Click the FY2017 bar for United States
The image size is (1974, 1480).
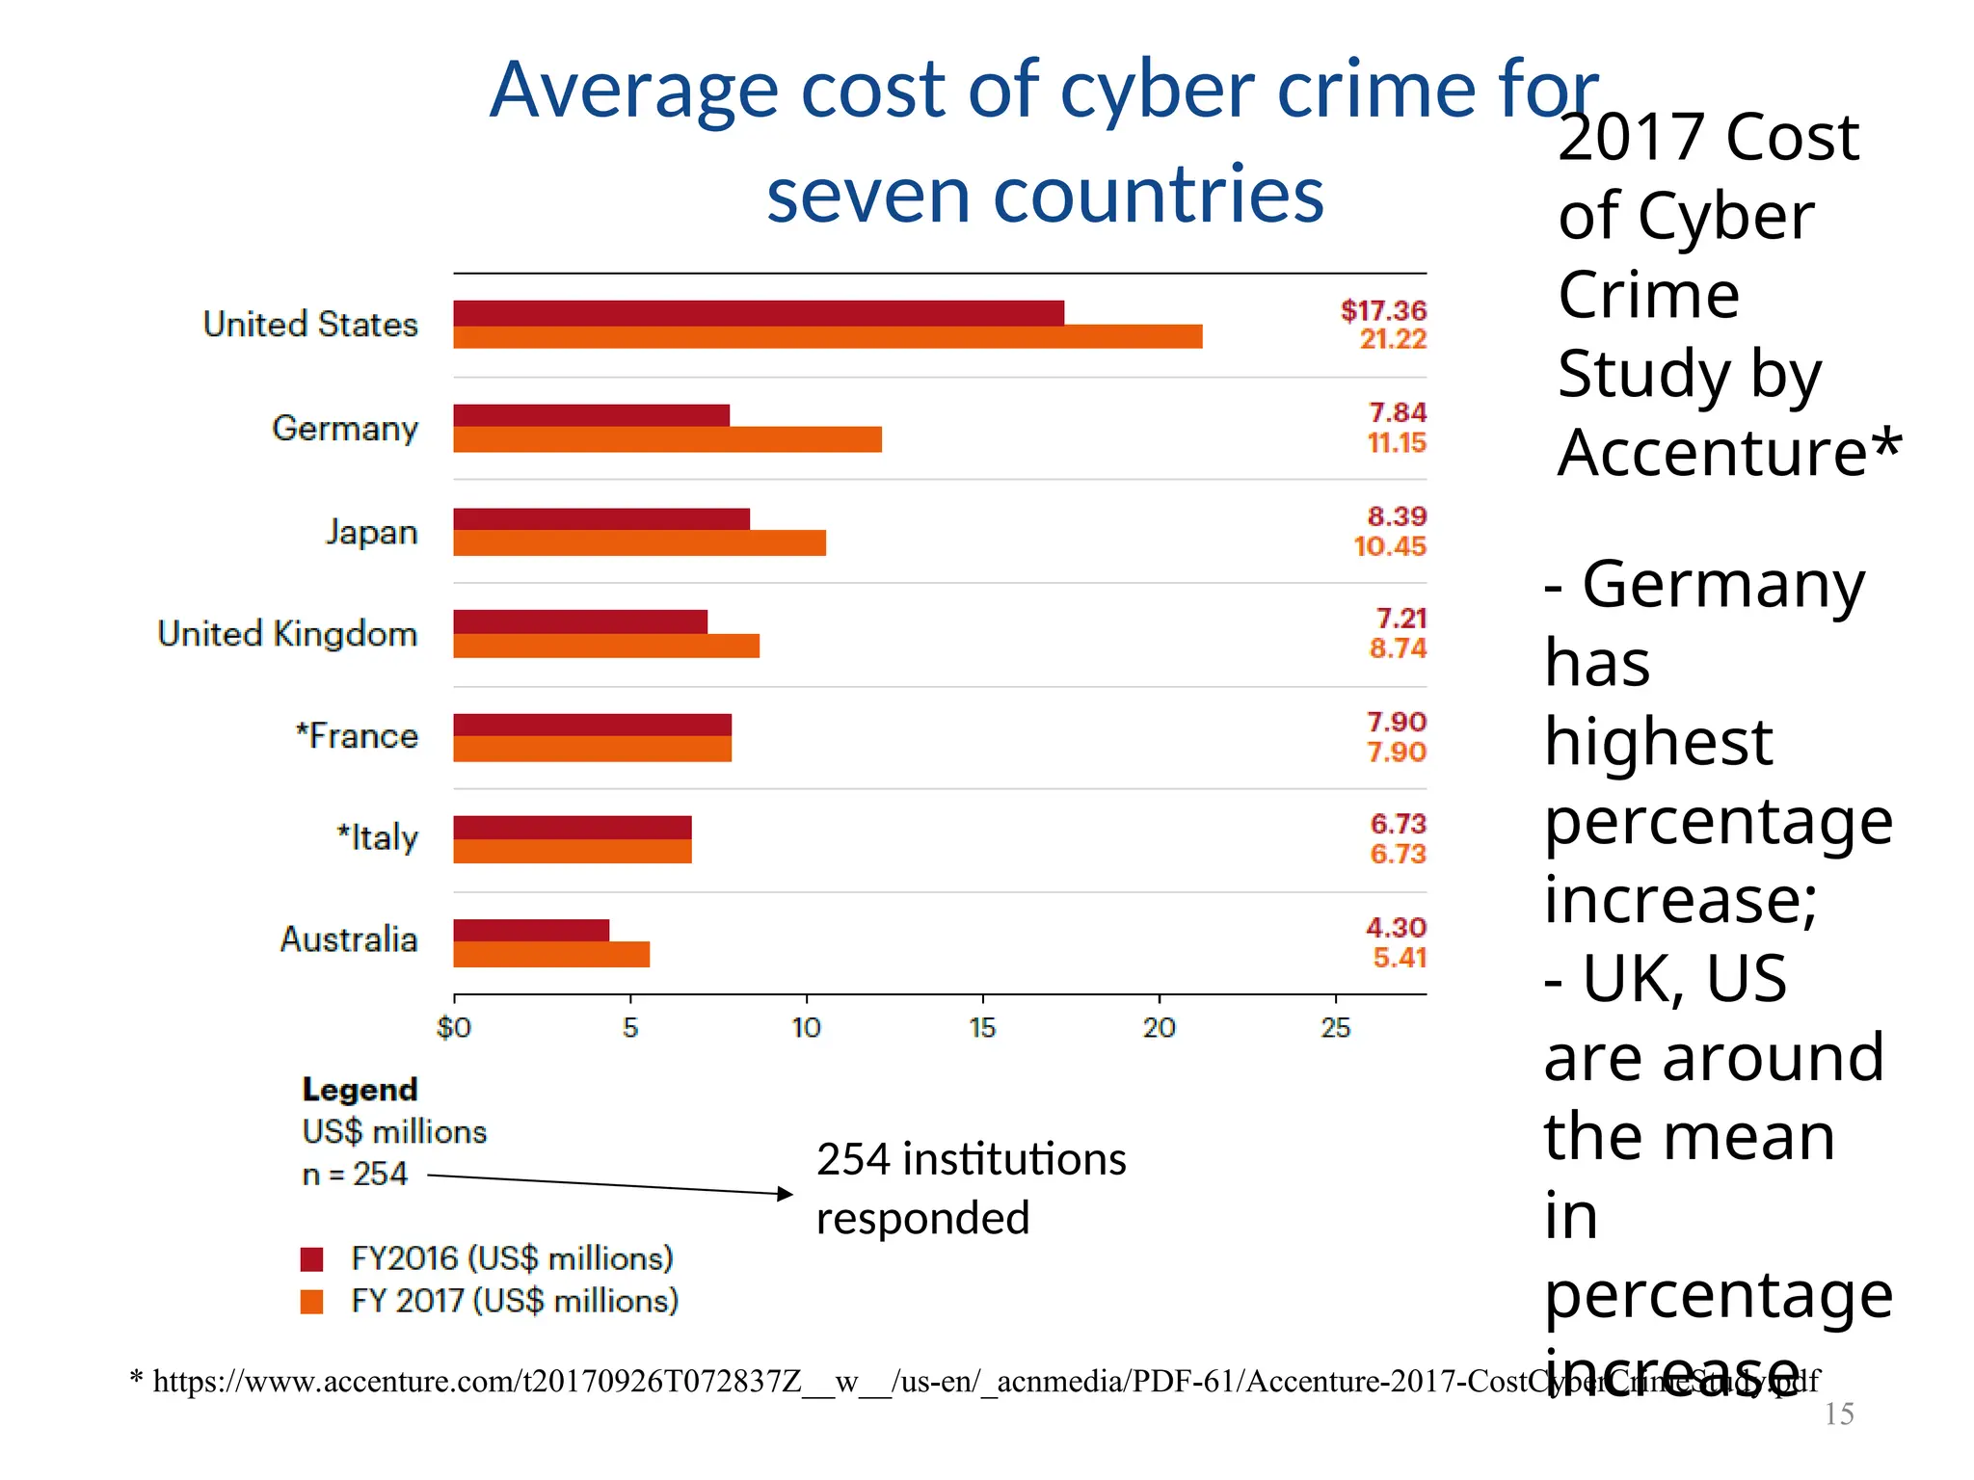point(827,337)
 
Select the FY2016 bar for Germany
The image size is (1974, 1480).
point(591,415)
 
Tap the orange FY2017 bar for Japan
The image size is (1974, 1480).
point(639,543)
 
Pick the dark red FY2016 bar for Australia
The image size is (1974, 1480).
point(531,930)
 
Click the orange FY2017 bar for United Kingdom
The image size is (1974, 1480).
point(606,647)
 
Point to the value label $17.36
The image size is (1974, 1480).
point(1382,310)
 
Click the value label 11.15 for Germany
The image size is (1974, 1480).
point(1396,443)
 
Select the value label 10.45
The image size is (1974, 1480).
point(1389,546)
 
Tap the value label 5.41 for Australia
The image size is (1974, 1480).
point(1399,958)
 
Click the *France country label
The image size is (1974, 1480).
point(357,736)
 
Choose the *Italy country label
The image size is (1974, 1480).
point(377,838)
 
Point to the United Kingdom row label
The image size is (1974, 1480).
point(287,634)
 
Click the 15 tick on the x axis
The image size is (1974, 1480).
point(982,1028)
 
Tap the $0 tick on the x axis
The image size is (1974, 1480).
point(454,1028)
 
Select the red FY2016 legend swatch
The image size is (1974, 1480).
point(312,1259)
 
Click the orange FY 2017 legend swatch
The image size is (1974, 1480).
point(312,1302)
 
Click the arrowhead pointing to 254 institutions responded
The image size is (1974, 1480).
point(786,1194)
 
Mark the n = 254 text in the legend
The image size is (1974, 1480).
point(355,1175)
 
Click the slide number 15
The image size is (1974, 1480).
point(1839,1414)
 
